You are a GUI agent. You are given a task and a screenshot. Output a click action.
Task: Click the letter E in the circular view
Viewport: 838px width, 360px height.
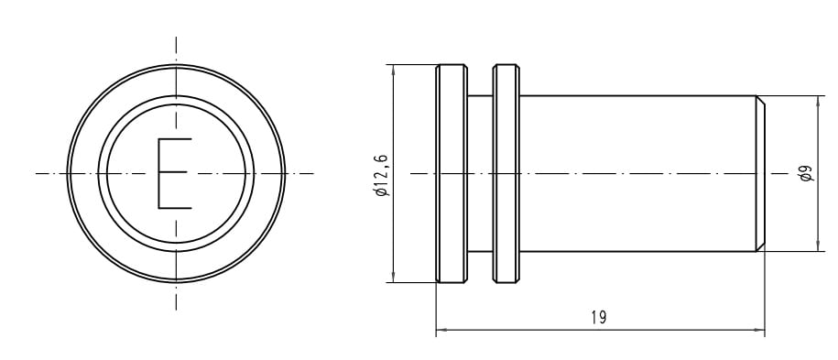[174, 173]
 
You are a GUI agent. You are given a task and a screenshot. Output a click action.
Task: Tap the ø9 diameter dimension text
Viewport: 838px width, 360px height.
[807, 173]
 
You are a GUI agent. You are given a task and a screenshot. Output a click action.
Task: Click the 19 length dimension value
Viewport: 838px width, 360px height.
[599, 318]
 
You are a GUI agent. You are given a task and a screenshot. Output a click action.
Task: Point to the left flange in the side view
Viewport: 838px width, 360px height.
[452, 173]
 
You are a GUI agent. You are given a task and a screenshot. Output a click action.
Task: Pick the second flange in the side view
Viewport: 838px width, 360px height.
[506, 173]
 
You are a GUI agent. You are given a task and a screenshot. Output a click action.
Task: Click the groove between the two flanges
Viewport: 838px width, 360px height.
[480, 173]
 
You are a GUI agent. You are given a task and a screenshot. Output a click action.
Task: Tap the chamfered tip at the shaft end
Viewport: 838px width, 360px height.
[760, 173]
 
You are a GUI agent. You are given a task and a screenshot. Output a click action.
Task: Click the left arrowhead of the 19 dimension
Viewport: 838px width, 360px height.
[441, 330]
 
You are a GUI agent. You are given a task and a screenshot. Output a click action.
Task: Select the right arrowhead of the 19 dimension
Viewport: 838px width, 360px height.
[759, 330]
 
